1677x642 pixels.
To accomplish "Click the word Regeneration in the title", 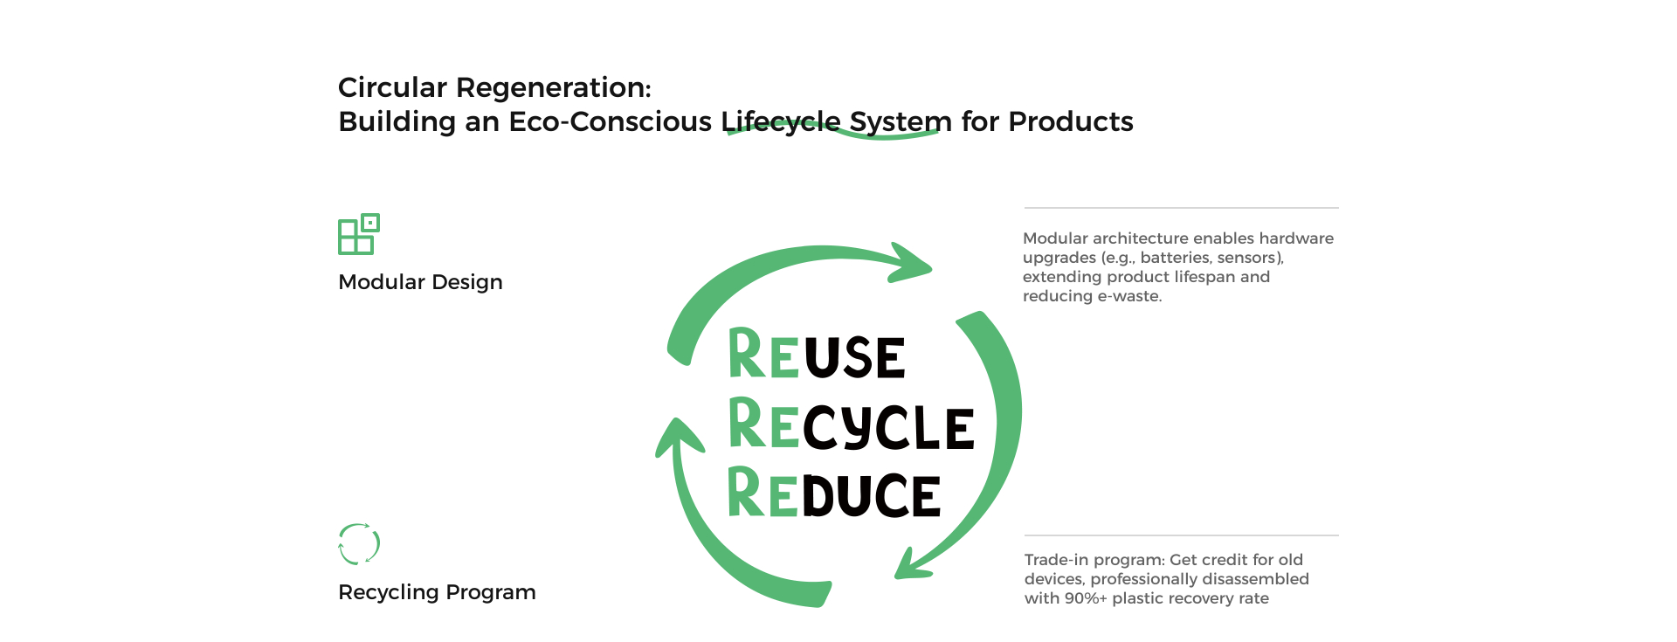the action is pos(554,88).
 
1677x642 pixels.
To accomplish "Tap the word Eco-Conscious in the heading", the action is pos(611,121).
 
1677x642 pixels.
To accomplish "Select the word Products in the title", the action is pos(1071,121).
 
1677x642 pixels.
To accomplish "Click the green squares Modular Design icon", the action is pos(359,234).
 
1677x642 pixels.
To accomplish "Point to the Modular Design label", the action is pos(420,282).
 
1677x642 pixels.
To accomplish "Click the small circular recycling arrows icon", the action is pos(359,543).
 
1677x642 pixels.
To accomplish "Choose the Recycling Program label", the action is pos(437,592).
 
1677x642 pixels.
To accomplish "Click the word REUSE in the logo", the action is pos(817,354).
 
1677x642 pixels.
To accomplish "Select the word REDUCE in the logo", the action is pos(834,493).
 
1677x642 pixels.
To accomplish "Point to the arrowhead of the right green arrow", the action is pos(914,563).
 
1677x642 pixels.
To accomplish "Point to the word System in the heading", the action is pos(901,122).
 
